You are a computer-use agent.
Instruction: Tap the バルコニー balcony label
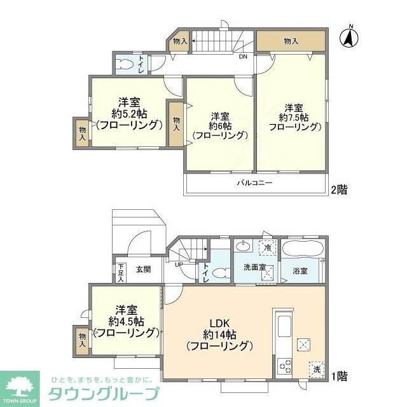point(255,183)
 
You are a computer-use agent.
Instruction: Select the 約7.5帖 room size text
point(294,118)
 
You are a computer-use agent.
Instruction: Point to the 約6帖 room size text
point(219,125)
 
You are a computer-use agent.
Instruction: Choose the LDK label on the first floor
point(219,322)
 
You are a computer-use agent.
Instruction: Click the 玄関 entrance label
point(143,269)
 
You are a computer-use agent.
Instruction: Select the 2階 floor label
point(338,189)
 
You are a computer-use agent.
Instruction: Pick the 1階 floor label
point(338,375)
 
